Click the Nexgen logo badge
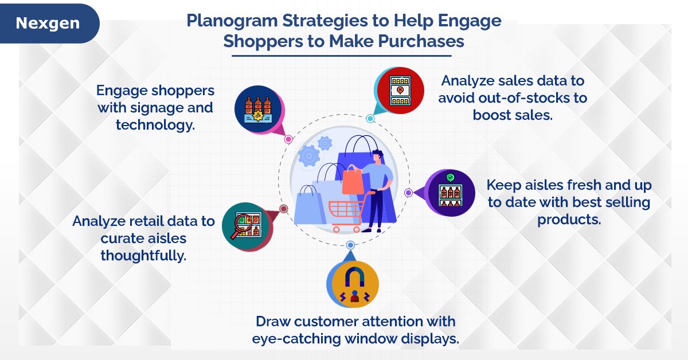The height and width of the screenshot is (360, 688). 49,24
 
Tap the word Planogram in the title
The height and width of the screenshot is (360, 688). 232,21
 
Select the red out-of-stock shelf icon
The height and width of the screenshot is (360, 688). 400,91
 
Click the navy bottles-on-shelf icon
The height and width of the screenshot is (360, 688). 258,109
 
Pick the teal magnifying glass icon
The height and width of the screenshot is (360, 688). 246,226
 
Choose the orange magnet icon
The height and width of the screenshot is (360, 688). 355,284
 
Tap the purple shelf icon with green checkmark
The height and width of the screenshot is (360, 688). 451,193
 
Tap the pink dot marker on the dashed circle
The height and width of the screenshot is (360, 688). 288,139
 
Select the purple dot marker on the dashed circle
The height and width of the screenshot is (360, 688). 408,193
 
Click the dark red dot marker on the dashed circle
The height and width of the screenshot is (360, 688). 283,209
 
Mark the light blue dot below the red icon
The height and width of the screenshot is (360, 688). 370,119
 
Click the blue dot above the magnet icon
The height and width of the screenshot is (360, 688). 350,245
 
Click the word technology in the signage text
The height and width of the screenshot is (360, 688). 155,125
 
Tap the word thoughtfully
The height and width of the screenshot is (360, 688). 143,256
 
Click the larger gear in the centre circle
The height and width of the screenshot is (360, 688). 308,156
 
